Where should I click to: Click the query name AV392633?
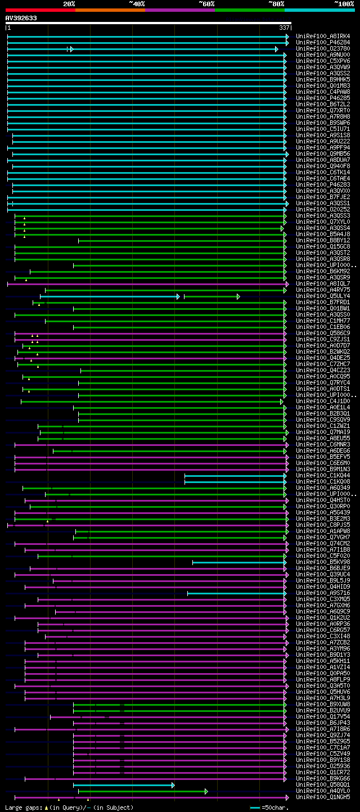[x=21, y=18]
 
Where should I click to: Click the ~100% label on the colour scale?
[x=344, y=3]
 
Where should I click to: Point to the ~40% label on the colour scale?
[x=137, y=3]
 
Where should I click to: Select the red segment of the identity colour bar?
[x=40, y=10]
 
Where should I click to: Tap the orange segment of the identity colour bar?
[x=110, y=10]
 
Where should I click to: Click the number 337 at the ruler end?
[x=284, y=28]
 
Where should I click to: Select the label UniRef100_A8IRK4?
[x=323, y=37]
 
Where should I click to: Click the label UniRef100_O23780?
[x=323, y=49]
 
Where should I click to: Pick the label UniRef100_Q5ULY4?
[x=323, y=296]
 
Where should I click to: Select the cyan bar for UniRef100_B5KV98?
[x=238, y=562]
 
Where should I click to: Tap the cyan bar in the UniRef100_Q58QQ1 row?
[x=123, y=785]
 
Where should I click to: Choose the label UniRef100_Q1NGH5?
[x=323, y=797]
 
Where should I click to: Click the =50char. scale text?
[x=275, y=808]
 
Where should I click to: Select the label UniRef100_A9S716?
[x=323, y=593]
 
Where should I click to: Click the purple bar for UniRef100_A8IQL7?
[x=146, y=284]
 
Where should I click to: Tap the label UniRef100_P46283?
[x=323, y=185]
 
